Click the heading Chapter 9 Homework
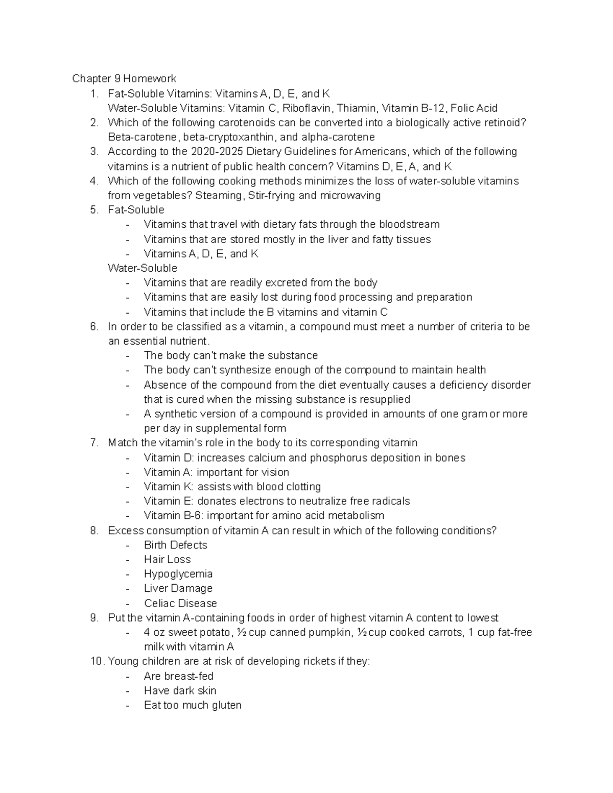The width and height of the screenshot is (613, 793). [124, 79]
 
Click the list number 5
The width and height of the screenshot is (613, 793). [93, 210]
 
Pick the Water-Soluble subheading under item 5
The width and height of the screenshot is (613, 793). [143, 268]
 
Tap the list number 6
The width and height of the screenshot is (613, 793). [93, 327]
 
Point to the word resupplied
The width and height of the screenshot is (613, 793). [385, 399]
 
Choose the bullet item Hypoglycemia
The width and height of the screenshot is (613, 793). [178, 574]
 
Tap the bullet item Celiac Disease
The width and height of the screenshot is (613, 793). [180, 603]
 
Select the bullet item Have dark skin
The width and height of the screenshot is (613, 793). [180, 691]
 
